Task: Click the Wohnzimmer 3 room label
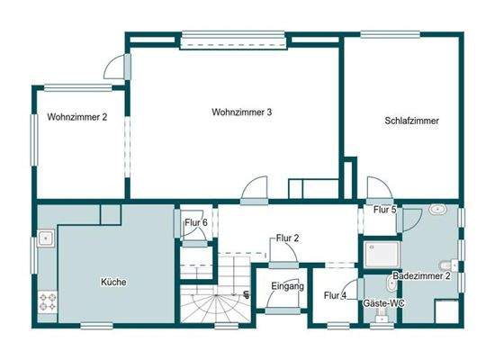(x=242, y=112)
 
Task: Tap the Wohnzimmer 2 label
(x=77, y=116)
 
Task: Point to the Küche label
(x=113, y=282)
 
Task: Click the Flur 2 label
(x=285, y=239)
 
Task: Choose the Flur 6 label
(x=195, y=223)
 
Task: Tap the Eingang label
(x=287, y=287)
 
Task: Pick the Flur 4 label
(x=336, y=295)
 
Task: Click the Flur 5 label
(x=385, y=210)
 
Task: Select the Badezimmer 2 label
(x=420, y=275)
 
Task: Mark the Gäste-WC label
(x=384, y=304)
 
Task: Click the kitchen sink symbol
(x=46, y=240)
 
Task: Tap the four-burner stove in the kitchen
(x=47, y=303)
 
